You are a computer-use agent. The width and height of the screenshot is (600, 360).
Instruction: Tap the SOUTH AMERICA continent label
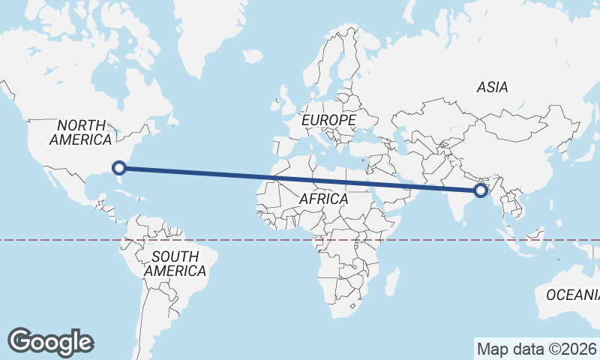coord(175,263)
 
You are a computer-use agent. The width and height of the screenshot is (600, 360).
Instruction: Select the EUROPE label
coord(328,119)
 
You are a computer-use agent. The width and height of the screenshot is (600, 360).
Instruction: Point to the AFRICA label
coord(323,199)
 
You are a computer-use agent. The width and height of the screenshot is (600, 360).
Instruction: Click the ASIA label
coord(492,87)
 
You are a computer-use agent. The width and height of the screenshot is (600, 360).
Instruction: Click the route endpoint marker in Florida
coord(118,168)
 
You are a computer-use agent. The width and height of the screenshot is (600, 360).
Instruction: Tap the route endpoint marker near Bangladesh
coord(481,190)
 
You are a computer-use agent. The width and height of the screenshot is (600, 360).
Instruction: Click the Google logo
coord(50,341)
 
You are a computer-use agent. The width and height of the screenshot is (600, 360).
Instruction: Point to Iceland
coord(253,55)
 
